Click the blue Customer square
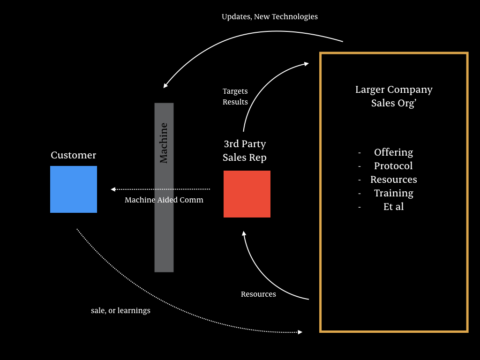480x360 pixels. (x=74, y=189)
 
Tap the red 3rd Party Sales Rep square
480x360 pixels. (x=247, y=194)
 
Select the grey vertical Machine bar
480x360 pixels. (x=164, y=187)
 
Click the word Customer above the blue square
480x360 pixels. (x=74, y=155)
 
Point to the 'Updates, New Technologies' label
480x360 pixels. (x=270, y=16)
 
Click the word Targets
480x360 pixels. (x=235, y=91)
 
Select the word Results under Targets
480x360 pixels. (x=235, y=102)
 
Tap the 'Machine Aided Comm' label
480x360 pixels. (x=164, y=200)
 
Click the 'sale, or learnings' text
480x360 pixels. (x=120, y=310)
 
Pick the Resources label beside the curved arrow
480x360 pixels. (x=258, y=294)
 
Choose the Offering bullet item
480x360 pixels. (x=393, y=152)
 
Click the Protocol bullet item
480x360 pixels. (x=393, y=165)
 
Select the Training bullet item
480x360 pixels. (x=394, y=193)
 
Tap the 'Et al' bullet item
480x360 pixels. (x=394, y=207)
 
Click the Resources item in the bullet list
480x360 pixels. (x=394, y=180)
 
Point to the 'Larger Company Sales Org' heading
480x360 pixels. (x=394, y=96)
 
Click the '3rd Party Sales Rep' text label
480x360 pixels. (x=245, y=150)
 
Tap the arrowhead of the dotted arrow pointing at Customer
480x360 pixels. (x=112, y=189)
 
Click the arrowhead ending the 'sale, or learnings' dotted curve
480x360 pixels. (x=300, y=332)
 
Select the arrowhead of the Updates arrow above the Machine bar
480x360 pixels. (x=165, y=86)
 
